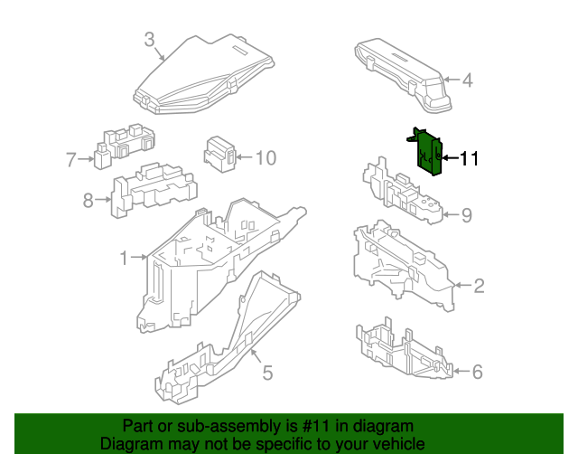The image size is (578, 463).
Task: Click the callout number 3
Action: pos(150,39)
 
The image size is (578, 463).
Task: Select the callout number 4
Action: pos(467,81)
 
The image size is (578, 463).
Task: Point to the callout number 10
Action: pos(264,159)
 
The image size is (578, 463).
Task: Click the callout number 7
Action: pos(72,160)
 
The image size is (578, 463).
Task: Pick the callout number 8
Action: pos(89,200)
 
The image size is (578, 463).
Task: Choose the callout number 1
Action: pos(125,259)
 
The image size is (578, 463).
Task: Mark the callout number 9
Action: pos(467,214)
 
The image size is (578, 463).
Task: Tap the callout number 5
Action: pos(267,372)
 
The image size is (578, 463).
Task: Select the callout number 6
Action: pos(478,371)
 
